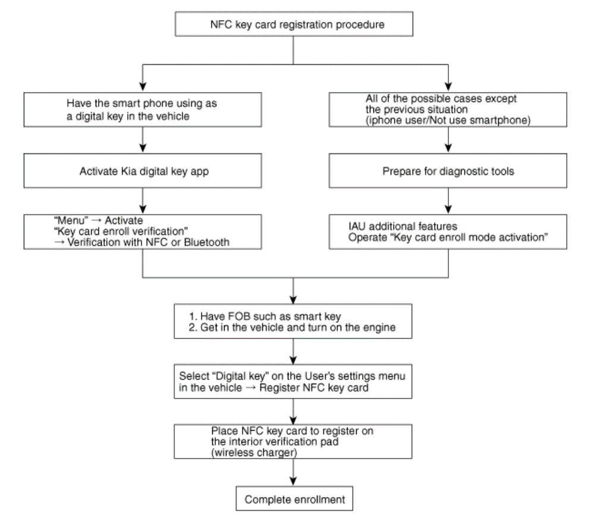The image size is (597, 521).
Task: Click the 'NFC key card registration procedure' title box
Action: coord(294,24)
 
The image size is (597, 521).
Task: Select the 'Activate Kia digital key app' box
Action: coord(143,171)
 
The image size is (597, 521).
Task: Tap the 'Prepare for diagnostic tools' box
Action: coord(448,171)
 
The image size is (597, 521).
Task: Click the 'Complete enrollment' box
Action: coord(294,498)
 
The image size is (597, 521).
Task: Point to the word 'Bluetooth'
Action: coord(207,242)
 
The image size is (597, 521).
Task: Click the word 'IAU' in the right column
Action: coord(357,226)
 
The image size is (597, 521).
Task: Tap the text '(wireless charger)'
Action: coord(254,453)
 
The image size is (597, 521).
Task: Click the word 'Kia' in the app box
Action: coord(128,171)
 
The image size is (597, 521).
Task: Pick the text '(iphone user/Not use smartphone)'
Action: coord(448,120)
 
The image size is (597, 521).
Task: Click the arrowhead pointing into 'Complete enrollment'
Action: coord(293,481)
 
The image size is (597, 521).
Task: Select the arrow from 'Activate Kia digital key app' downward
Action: coord(143,200)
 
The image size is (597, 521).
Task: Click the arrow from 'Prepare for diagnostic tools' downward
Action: coord(448,200)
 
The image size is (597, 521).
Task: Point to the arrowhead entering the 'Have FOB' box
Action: coord(293,299)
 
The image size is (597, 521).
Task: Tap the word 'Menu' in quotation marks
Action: coord(71,221)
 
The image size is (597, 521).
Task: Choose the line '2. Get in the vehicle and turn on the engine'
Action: coord(292,328)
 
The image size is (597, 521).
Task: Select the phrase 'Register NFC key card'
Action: coord(314,388)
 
